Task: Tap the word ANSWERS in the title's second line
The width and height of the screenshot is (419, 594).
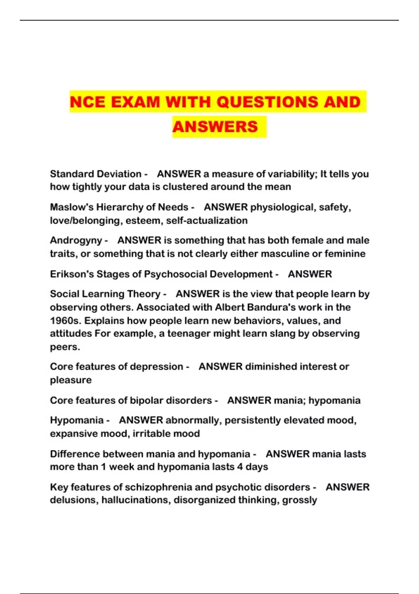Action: (215, 127)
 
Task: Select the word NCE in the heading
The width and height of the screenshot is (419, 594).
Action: (87, 102)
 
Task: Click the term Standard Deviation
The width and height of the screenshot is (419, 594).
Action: (95, 174)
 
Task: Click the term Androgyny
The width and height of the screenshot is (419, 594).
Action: (76, 240)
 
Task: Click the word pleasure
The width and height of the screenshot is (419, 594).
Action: (71, 380)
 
